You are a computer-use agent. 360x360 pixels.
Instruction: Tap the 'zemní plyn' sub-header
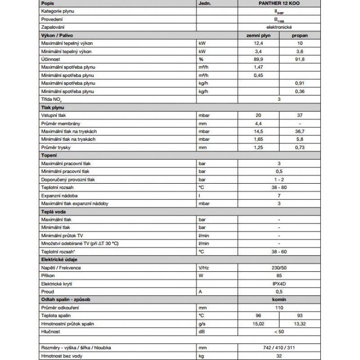pos(258,35)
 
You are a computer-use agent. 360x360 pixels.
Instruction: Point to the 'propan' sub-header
pos(300,35)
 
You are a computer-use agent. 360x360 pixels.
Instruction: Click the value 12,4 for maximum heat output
pos(258,43)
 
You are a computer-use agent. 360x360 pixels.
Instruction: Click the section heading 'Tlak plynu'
pos(52,108)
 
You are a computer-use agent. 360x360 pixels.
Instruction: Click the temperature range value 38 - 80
pos(279,187)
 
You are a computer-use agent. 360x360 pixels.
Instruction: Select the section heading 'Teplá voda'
pos(52,211)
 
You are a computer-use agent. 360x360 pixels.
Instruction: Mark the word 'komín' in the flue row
pos(279,300)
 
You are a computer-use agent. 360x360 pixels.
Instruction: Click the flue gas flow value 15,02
pos(258,324)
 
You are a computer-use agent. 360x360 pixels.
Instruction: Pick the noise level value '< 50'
pos(279,332)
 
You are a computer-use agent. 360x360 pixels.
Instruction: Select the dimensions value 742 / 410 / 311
pos(279,348)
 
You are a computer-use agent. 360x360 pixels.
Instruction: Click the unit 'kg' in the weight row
pos(201,356)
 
